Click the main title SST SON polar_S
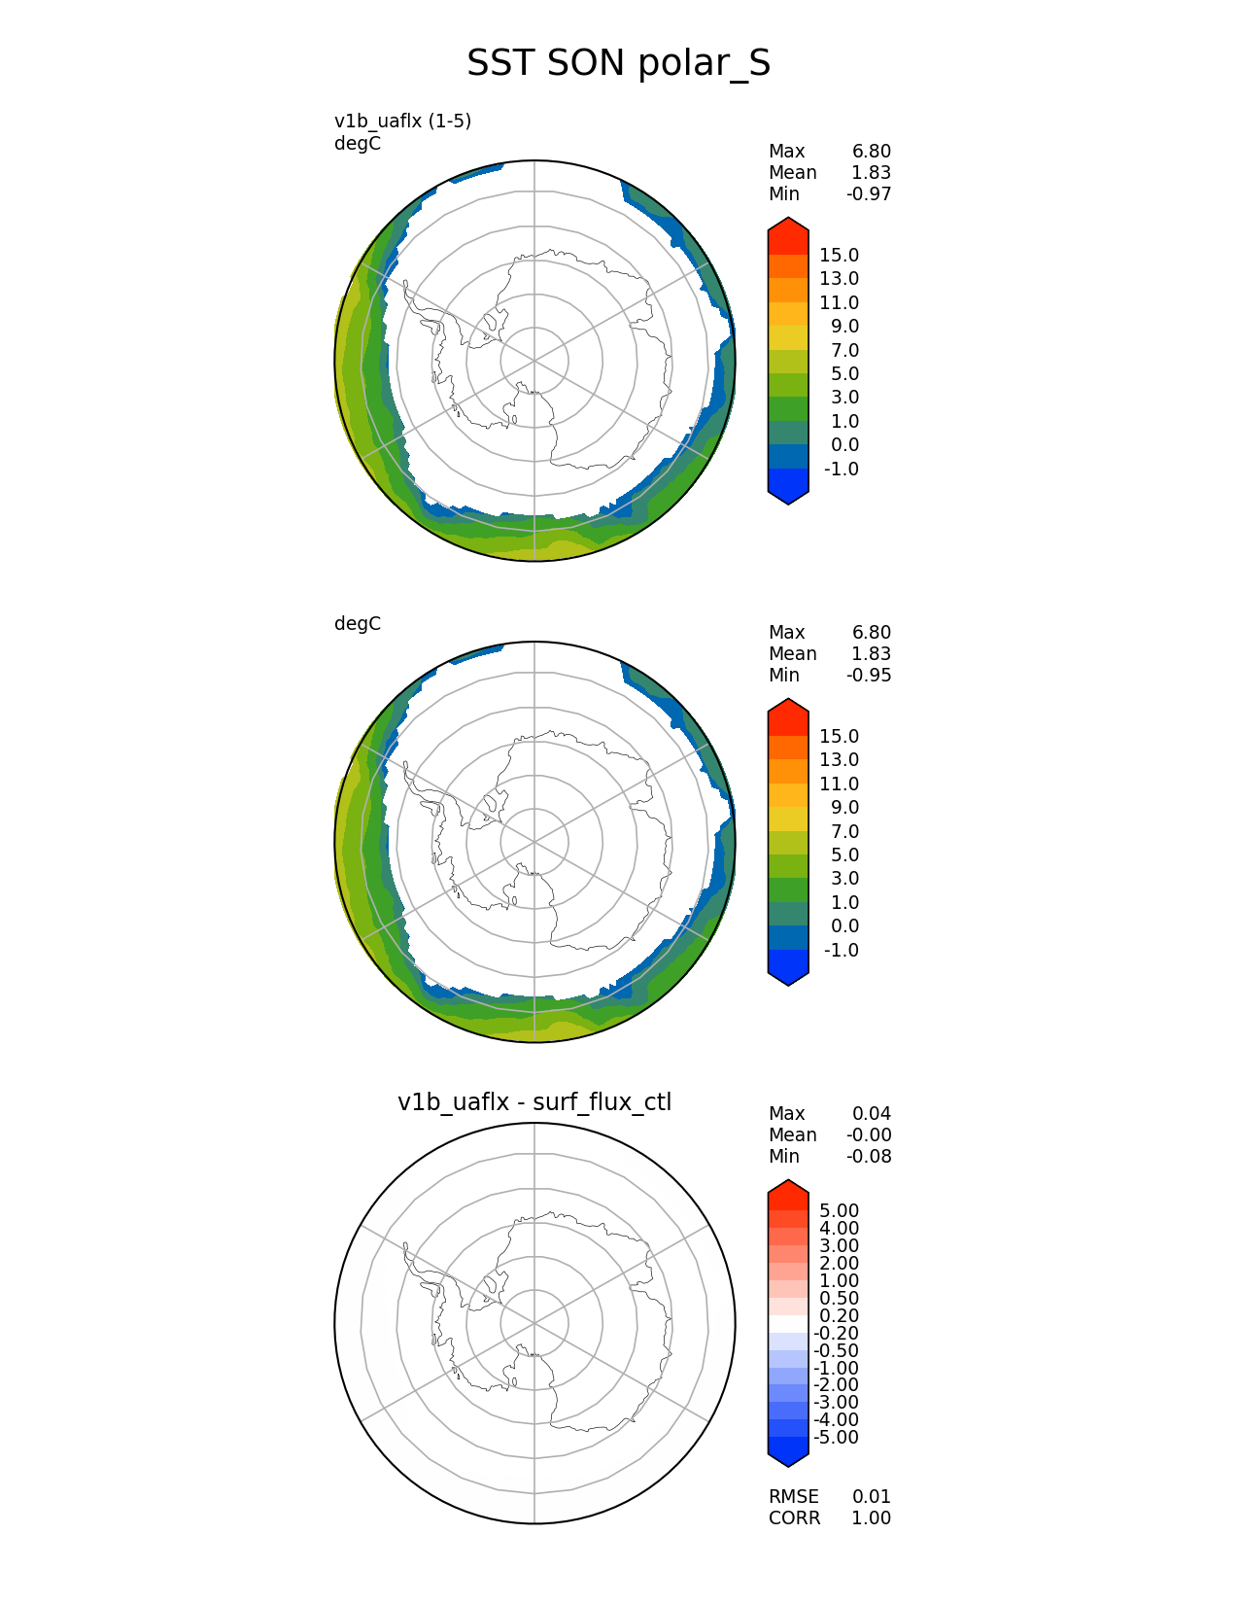coord(618,63)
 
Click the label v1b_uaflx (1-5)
coord(402,122)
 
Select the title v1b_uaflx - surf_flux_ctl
coord(534,1102)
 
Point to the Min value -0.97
coord(869,194)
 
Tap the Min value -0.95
coord(869,676)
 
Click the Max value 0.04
coord(872,1114)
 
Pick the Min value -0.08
coord(869,1157)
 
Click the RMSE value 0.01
coord(872,1497)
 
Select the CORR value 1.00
coord(872,1518)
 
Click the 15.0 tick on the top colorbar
coord(839,256)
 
